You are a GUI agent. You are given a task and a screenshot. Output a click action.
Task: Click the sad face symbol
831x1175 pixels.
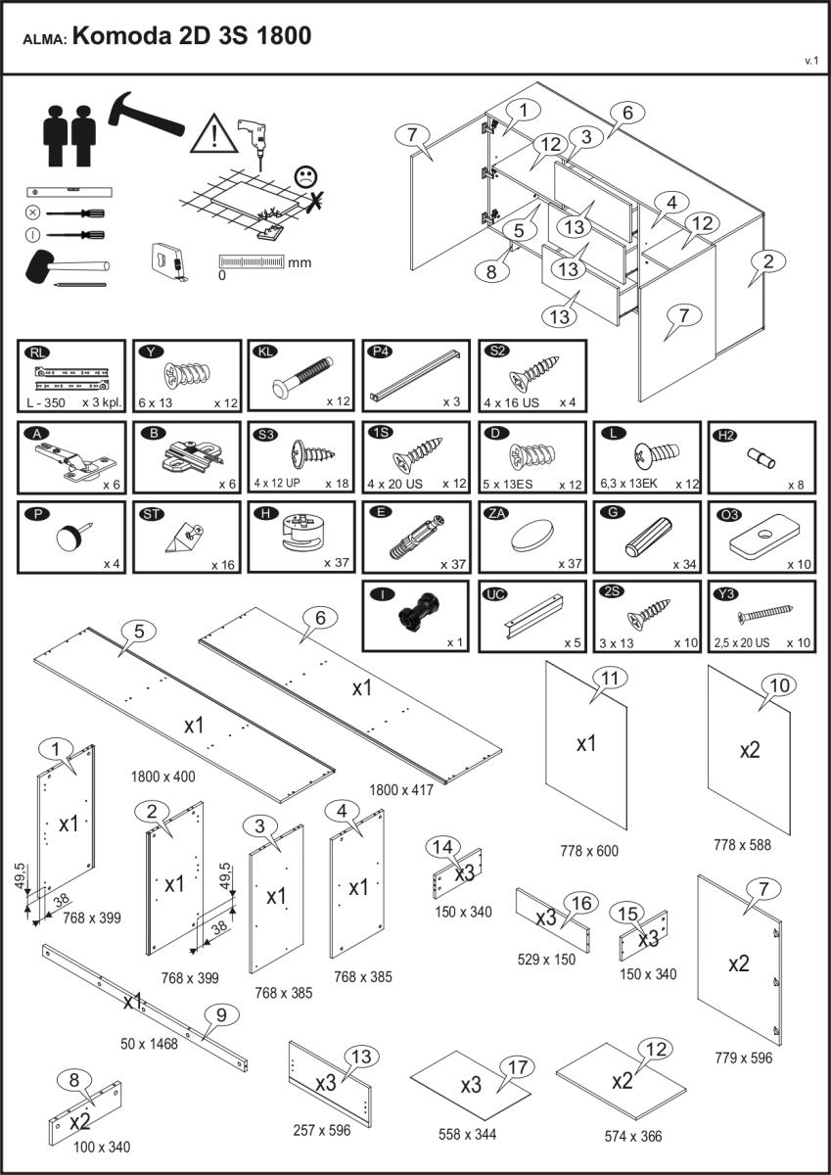tap(306, 177)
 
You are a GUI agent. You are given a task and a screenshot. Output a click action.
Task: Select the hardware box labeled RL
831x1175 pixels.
tap(71, 375)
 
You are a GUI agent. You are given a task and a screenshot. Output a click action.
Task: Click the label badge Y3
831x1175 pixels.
tap(723, 592)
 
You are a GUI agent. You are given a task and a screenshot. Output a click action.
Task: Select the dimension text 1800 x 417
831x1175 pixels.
tap(402, 789)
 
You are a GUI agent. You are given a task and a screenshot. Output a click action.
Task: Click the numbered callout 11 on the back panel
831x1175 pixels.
tap(611, 679)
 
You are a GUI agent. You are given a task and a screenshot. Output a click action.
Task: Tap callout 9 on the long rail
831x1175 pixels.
tap(221, 1015)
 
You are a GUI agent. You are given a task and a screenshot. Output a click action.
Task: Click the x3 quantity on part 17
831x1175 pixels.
tap(472, 1086)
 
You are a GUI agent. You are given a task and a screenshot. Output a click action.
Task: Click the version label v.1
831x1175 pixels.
tap(810, 61)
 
